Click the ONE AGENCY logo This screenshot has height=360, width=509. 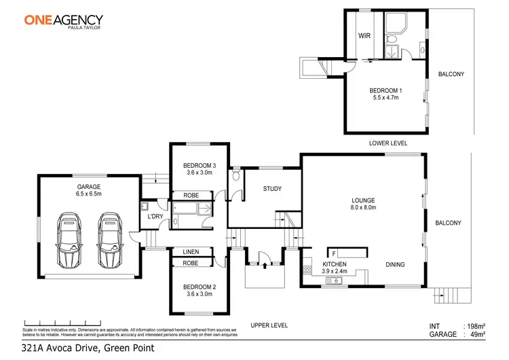tap(64, 20)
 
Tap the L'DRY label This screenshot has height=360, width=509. tap(155, 217)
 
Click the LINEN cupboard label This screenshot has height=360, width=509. tap(191, 252)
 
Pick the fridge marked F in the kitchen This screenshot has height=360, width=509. tap(335, 253)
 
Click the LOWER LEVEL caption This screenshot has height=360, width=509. tap(388, 143)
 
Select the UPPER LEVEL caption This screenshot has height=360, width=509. tap(269, 325)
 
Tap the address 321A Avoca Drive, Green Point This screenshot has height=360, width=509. tap(88, 348)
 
